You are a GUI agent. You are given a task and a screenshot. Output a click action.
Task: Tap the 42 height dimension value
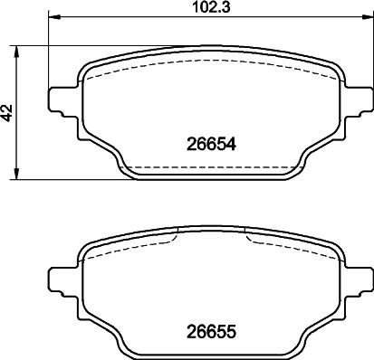(x=8, y=112)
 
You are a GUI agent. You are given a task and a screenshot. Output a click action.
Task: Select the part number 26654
(x=209, y=143)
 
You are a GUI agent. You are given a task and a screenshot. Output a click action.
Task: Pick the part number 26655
(x=209, y=330)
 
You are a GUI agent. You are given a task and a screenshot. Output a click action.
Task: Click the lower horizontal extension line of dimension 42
(x=72, y=179)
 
